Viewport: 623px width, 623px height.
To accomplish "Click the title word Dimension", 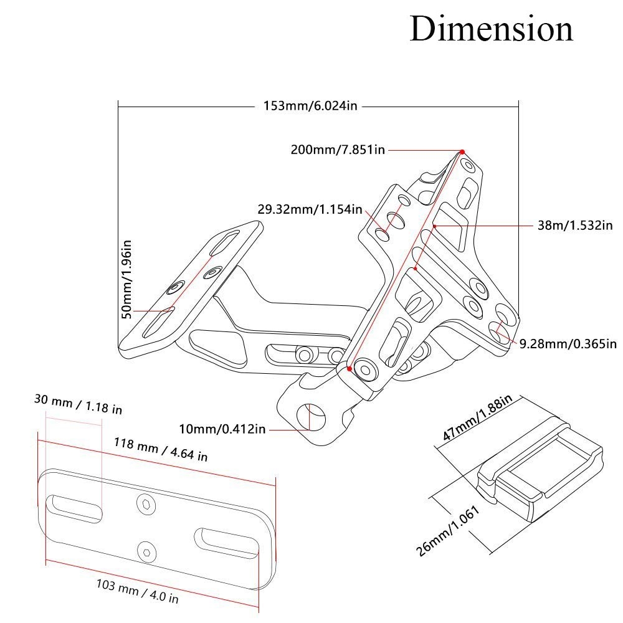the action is [491, 29].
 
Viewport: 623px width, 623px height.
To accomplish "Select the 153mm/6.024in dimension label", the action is [310, 106].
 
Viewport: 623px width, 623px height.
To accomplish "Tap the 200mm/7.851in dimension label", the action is [338, 150].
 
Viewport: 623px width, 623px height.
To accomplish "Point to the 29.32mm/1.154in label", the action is [310, 209].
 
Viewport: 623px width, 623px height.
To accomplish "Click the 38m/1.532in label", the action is [575, 226].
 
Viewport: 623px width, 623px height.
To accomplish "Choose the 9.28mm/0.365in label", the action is [568, 343].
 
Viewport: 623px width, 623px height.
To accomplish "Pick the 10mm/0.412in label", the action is [222, 429].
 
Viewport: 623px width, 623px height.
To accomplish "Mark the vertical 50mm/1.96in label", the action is [126, 279].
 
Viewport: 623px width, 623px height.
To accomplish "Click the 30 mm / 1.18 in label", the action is [78, 404].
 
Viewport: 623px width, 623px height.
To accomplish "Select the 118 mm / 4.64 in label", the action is [161, 449].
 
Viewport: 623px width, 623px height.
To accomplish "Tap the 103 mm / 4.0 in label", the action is [138, 591].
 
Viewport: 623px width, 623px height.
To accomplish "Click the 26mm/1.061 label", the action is [448, 531].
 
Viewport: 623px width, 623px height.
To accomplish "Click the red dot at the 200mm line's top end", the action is [462, 152].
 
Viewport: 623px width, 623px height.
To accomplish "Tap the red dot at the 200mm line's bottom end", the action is [350, 369].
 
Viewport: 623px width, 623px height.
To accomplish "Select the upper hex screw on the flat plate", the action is [146, 504].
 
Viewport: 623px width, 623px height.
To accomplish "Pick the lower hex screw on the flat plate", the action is [146, 552].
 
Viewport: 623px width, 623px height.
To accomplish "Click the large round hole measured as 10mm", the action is [310, 417].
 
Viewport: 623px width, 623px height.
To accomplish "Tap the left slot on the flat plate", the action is [74, 508].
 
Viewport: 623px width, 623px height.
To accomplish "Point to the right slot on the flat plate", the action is [227, 542].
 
